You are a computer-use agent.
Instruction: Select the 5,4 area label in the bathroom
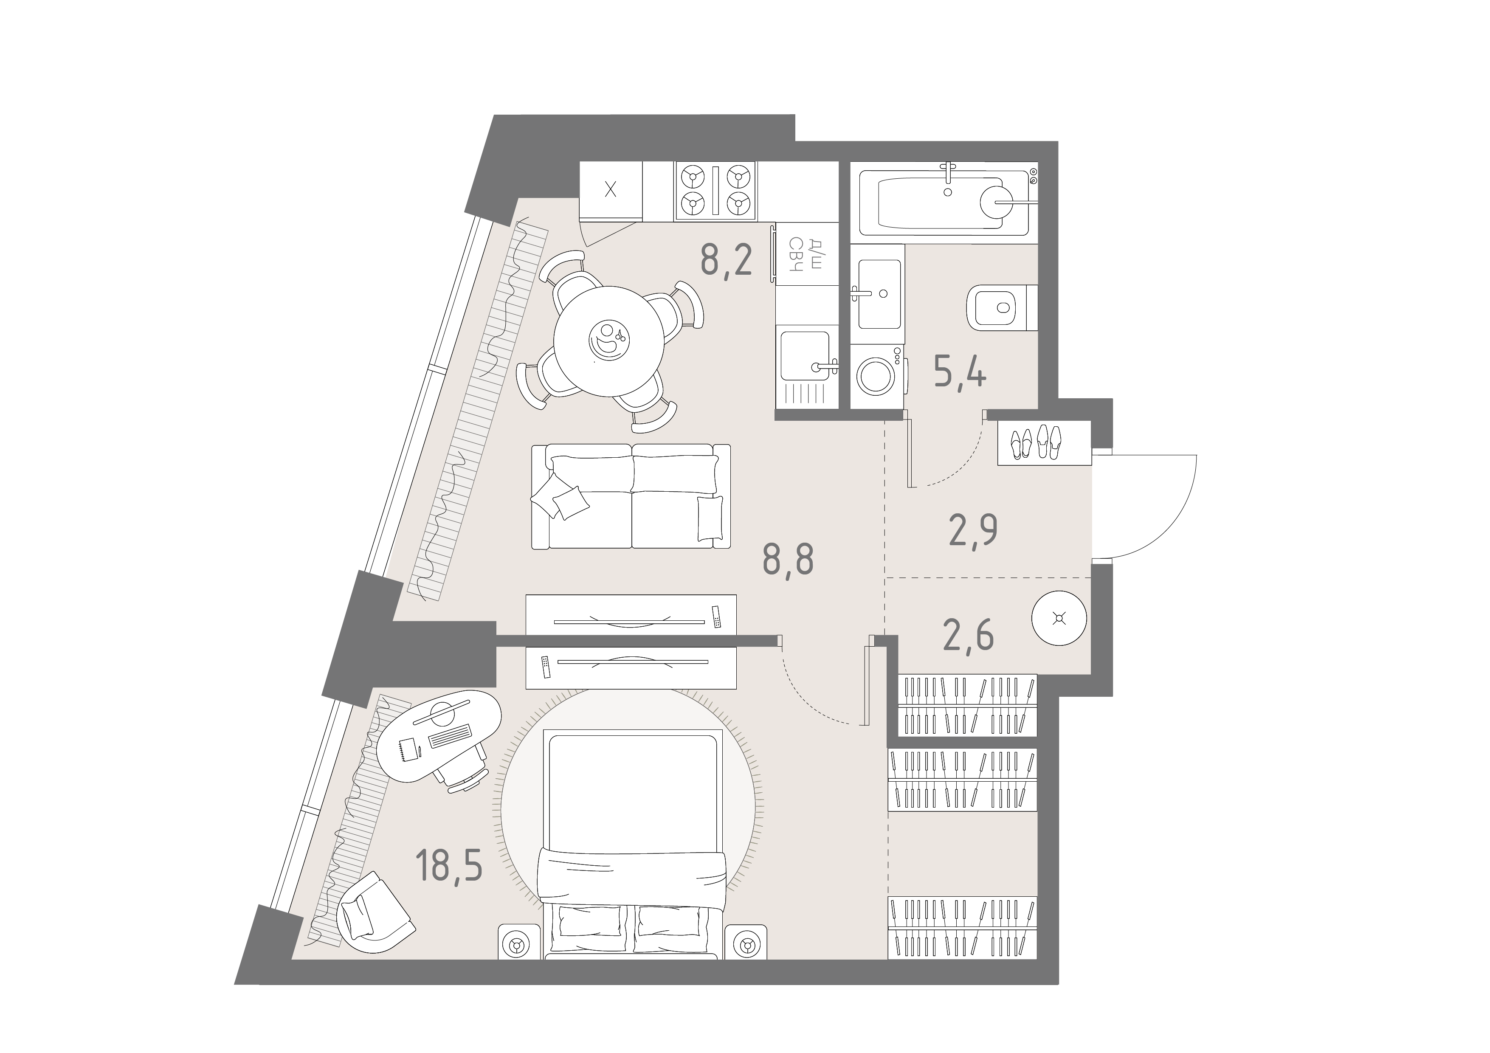click(x=960, y=373)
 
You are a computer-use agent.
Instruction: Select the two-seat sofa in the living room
click(x=631, y=496)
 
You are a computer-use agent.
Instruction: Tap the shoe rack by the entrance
click(x=1044, y=442)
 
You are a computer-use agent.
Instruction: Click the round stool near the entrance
click(x=1059, y=618)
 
